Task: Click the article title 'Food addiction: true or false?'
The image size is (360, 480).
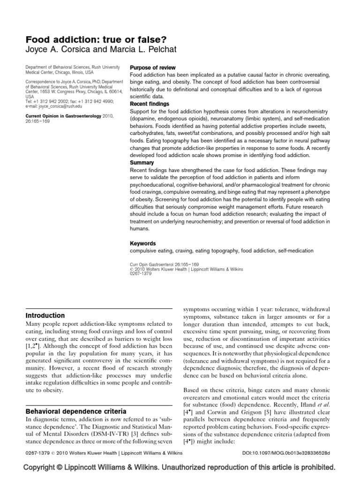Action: (89, 38)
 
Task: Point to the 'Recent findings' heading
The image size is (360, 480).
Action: (150, 104)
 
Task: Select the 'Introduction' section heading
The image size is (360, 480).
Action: (45, 315)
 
